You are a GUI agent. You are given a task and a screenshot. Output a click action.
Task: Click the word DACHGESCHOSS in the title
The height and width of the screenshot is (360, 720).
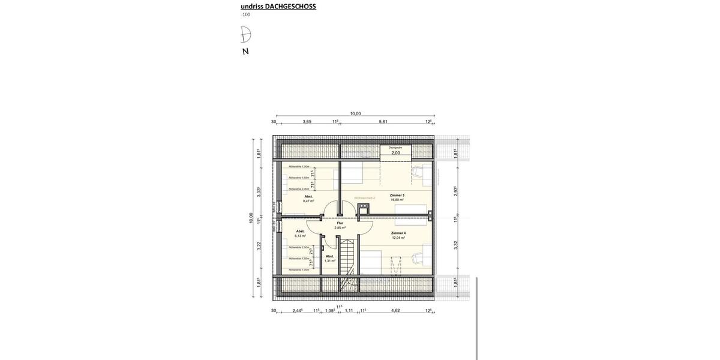coord(290,7)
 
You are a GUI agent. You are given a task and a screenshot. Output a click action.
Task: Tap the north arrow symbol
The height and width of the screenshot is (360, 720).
coord(245,35)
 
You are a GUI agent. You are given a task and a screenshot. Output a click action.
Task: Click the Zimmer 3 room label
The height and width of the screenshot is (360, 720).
coord(397,196)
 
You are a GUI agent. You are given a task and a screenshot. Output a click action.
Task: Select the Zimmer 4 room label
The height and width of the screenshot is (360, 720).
coord(398,233)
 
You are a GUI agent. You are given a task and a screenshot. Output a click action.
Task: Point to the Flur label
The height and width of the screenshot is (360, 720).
coord(340,223)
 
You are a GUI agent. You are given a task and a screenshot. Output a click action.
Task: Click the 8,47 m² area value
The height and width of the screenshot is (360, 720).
coord(308,201)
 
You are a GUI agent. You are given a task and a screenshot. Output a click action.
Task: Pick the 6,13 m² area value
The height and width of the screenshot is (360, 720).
coord(300,236)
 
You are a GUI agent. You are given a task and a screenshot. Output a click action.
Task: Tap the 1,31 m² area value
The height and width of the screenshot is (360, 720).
coord(329,260)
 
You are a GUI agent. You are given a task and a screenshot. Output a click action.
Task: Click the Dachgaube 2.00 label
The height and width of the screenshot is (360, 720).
coord(395,152)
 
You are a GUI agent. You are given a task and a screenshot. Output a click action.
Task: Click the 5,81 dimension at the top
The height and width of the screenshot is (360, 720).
coord(383,122)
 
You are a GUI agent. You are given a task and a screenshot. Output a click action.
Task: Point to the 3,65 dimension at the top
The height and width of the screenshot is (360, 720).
coord(307,122)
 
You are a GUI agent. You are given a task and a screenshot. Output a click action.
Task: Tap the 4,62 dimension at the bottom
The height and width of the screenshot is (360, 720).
coord(395,311)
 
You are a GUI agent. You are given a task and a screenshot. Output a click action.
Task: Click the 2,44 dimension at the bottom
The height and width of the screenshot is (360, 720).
coord(297,311)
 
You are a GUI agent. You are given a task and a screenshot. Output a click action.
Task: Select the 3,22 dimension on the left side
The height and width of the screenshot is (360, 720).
coord(259,245)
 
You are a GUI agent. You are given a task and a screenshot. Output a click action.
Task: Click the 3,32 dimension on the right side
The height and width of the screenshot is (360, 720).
coord(456,245)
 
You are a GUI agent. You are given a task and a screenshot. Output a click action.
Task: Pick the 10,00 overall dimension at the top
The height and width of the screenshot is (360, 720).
coord(355,113)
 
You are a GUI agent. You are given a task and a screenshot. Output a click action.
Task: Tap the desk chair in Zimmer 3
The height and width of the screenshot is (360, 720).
coord(416,173)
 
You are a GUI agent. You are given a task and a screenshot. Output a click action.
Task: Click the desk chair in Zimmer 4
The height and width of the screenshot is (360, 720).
coord(416,259)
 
